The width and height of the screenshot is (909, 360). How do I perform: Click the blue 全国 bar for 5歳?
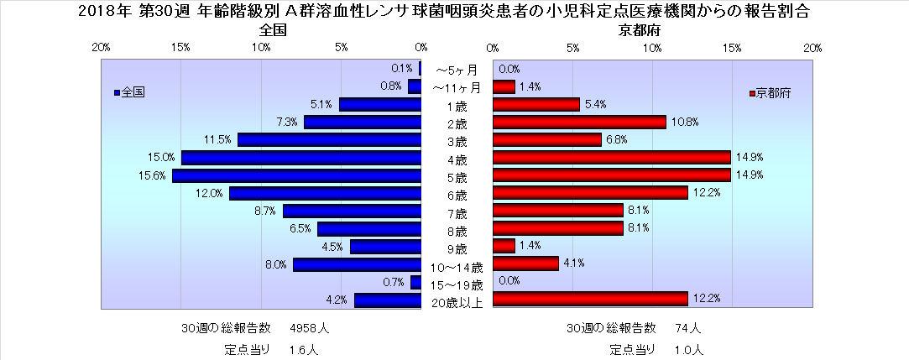point(296,175)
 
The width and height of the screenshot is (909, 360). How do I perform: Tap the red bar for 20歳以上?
point(590,299)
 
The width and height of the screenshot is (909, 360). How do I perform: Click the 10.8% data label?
point(686,123)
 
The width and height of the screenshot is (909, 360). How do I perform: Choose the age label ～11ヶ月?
point(457,87)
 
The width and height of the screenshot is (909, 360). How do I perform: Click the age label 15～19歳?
point(457,285)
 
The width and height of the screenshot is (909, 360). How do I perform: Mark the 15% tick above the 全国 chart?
point(180,47)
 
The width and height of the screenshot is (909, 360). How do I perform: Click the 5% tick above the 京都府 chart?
point(572,47)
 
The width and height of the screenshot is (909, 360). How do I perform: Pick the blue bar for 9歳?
point(385,247)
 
